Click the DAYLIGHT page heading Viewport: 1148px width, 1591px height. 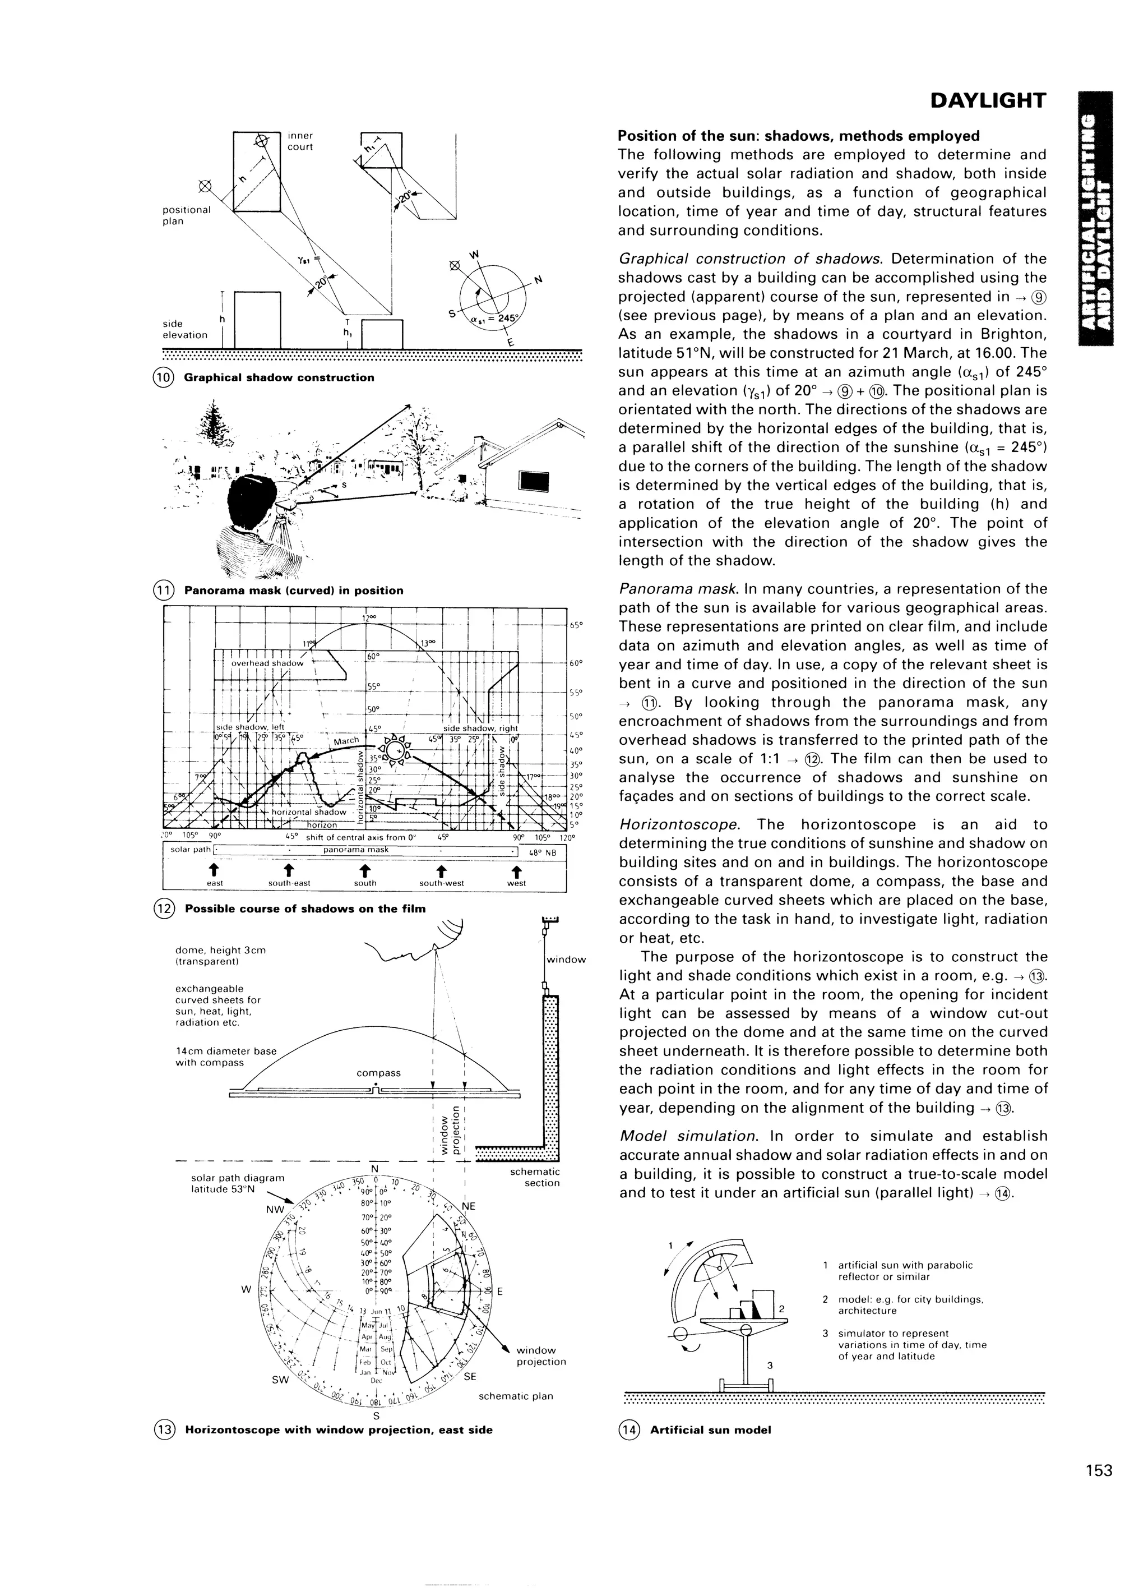click(x=988, y=102)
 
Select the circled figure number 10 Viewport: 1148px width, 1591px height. click(x=162, y=377)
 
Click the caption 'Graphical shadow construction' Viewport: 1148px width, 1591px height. click(x=279, y=377)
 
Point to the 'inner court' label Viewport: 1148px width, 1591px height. click(x=300, y=141)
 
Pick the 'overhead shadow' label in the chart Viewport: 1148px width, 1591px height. click(x=267, y=663)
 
